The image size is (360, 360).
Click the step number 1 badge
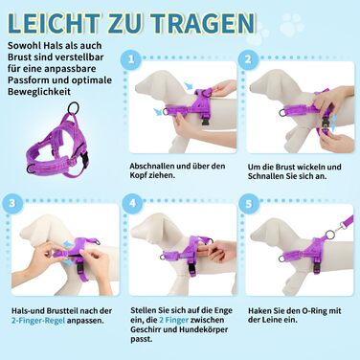[x=131, y=59]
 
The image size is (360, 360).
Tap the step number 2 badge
[x=248, y=59]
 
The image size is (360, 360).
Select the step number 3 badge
[x=12, y=203]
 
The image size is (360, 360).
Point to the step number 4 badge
[x=133, y=203]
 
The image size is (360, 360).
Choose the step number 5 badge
[x=249, y=204]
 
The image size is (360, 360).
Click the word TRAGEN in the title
[x=203, y=23]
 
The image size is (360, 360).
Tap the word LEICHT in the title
[x=53, y=23]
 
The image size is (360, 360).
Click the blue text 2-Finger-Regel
[x=38, y=321]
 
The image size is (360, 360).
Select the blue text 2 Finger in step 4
[x=173, y=320]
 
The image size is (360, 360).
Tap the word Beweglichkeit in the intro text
[x=39, y=92]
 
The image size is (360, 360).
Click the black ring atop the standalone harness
[x=73, y=108]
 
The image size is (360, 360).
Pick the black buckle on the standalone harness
[x=85, y=157]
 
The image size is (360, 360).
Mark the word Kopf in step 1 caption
[x=138, y=175]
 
